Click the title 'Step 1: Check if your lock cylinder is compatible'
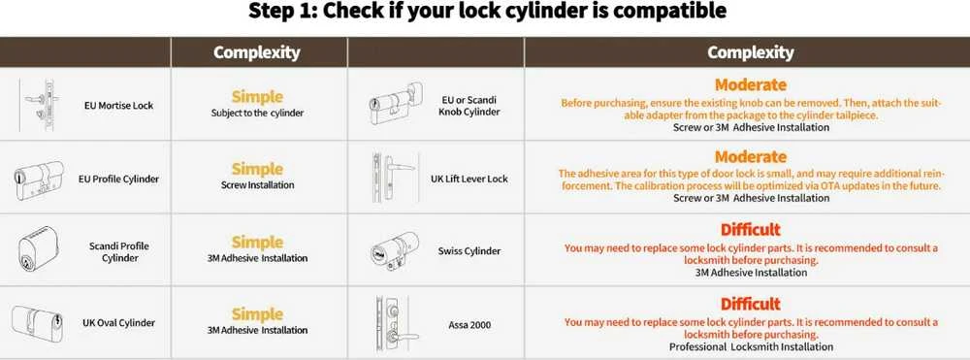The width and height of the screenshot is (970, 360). click(487, 11)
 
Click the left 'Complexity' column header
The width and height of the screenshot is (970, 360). click(257, 52)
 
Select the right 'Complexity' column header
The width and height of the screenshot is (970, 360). click(751, 52)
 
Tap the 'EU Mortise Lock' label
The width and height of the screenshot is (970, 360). click(118, 106)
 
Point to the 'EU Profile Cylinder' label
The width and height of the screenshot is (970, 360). click(118, 180)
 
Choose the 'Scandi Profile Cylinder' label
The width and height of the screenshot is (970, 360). click(119, 251)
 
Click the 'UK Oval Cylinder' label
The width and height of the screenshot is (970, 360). click(118, 323)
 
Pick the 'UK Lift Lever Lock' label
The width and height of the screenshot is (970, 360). click(469, 179)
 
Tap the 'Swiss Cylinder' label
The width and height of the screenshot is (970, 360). click(469, 251)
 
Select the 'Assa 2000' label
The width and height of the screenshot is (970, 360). click(469, 324)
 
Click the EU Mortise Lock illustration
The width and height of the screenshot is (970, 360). click(39, 104)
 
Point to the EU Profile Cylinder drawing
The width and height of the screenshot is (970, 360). click(39, 180)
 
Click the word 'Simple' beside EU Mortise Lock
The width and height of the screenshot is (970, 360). click(257, 97)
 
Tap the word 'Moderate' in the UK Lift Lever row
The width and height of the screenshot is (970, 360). click(751, 157)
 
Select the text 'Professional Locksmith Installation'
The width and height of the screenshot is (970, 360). click(751, 347)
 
